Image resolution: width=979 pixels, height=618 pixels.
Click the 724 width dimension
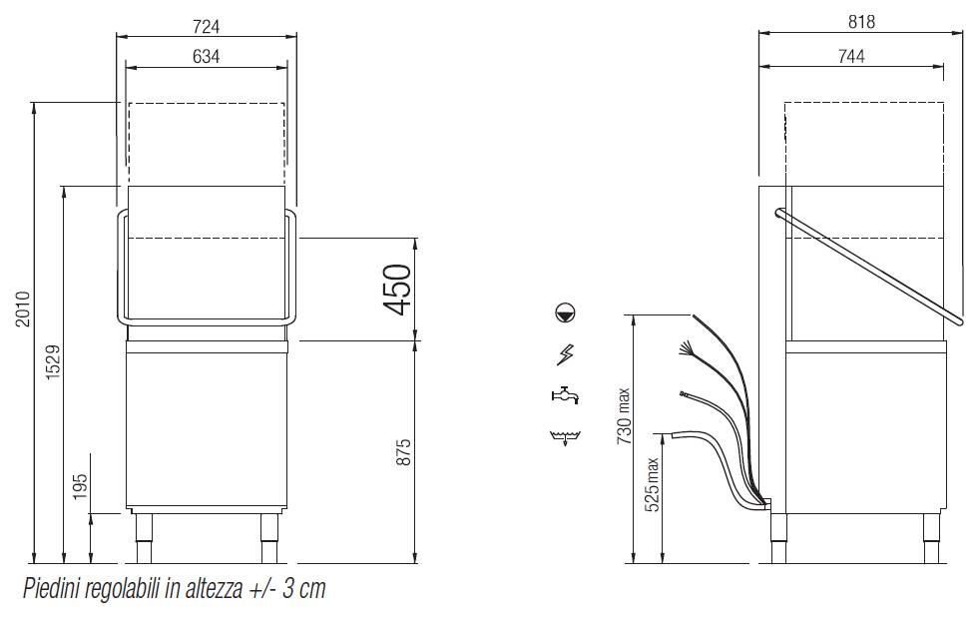coord(206,26)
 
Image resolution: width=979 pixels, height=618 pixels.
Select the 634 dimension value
coord(206,56)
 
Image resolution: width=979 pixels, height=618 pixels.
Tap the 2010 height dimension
coord(23,309)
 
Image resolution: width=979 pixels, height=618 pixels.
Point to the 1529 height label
coord(53,361)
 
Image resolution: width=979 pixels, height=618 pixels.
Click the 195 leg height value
coord(80,487)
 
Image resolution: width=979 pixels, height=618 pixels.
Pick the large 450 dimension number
coord(397,290)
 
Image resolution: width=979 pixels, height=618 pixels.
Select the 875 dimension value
coord(403,452)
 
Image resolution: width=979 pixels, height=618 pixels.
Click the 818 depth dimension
coord(861,22)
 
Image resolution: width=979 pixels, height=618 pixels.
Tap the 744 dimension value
coord(851,56)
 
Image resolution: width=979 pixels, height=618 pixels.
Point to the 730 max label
coord(624,416)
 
